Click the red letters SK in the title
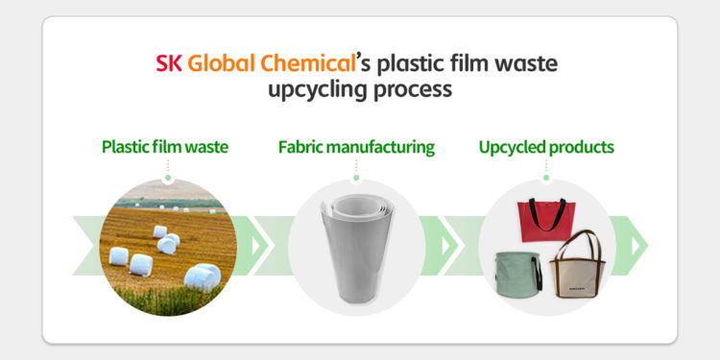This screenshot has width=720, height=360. [169, 65]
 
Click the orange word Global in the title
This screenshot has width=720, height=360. [220, 65]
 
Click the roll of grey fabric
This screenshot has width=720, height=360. [356, 245]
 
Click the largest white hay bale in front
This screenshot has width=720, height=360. [203, 276]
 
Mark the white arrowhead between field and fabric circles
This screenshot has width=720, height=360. [255, 246]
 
